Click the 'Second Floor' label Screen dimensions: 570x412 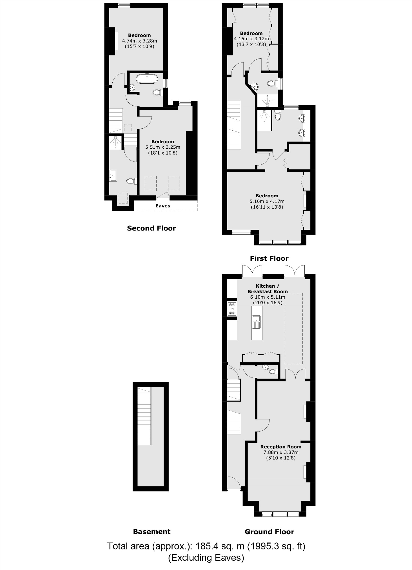pyautogui.click(x=151, y=228)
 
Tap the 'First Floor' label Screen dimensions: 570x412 pyautogui.click(x=269, y=258)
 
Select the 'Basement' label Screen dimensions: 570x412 pyautogui.click(x=152, y=532)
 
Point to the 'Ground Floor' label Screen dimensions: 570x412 pyautogui.click(x=269, y=532)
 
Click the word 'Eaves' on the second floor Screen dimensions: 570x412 pyautogui.click(x=163, y=206)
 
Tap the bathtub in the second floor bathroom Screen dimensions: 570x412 pyautogui.click(x=147, y=79)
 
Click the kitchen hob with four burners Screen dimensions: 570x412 pyautogui.click(x=232, y=309)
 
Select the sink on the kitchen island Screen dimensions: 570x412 pyautogui.click(x=257, y=322)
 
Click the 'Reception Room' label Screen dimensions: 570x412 pyautogui.click(x=281, y=447)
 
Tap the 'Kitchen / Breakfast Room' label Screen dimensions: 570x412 pyautogui.click(x=268, y=289)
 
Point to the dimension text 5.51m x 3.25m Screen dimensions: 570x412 pyautogui.click(x=163, y=147)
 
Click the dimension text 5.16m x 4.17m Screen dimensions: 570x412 pyautogui.click(x=267, y=201)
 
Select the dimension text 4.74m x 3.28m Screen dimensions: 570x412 pyautogui.click(x=139, y=41)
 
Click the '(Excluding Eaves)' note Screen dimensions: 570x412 pyautogui.click(x=206, y=558)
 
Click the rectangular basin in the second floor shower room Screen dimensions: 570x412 pyautogui.click(x=113, y=176)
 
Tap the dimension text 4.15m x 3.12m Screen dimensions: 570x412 pyautogui.click(x=251, y=39)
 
